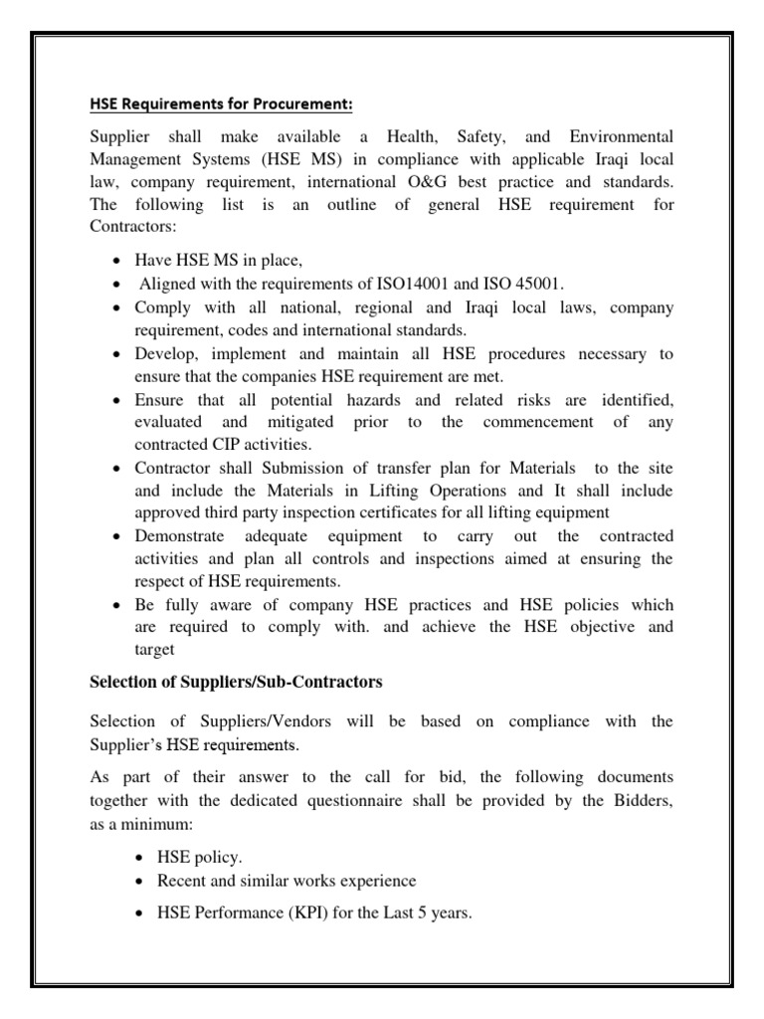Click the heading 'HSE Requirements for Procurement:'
tap(221, 104)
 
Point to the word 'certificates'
tap(394, 513)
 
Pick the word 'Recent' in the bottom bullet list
tap(181, 882)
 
